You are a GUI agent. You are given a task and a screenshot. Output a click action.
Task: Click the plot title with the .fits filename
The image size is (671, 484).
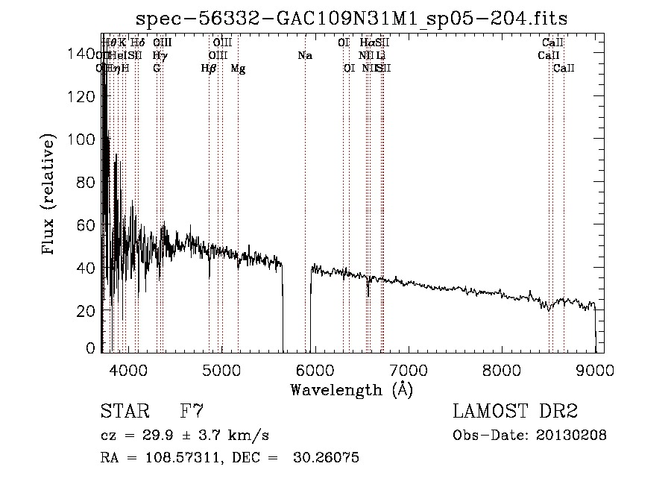click(x=357, y=19)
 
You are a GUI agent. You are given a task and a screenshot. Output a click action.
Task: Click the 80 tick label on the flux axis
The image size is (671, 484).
click(x=89, y=182)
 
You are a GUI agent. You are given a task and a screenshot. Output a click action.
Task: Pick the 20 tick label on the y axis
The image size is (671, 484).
click(x=89, y=310)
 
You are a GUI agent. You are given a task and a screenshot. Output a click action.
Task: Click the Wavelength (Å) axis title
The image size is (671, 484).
click(x=351, y=389)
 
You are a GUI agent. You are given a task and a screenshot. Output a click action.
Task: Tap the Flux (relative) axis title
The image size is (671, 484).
click(x=50, y=196)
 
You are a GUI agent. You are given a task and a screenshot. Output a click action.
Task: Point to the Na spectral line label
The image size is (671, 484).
click(x=304, y=55)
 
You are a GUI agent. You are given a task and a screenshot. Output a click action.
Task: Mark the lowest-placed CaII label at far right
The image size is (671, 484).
click(x=564, y=68)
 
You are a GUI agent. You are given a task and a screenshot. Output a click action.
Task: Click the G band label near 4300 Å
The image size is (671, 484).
click(x=157, y=68)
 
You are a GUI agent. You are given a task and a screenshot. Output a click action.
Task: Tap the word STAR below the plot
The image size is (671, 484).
click(x=125, y=412)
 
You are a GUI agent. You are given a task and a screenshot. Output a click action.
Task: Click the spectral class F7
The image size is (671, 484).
click(x=192, y=412)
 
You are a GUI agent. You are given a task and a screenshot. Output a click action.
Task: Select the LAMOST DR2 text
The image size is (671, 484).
click(x=515, y=412)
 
